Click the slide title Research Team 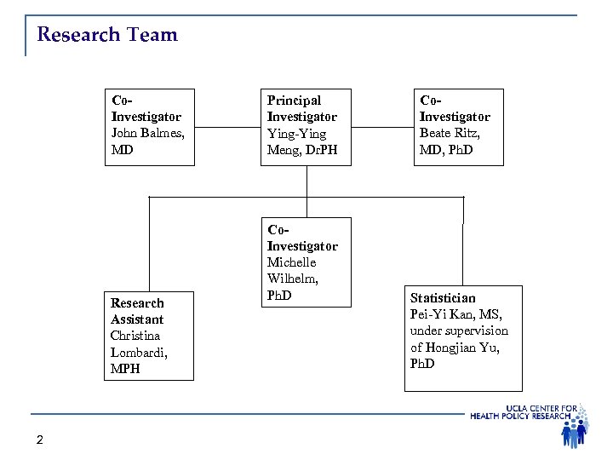point(107,35)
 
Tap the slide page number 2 point(40,440)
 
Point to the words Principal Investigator point(301,109)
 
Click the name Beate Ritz point(450,134)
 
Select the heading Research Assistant point(138,311)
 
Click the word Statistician point(443,298)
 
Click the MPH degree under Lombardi point(126,369)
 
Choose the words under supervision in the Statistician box point(459,331)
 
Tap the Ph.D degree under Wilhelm point(280,296)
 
